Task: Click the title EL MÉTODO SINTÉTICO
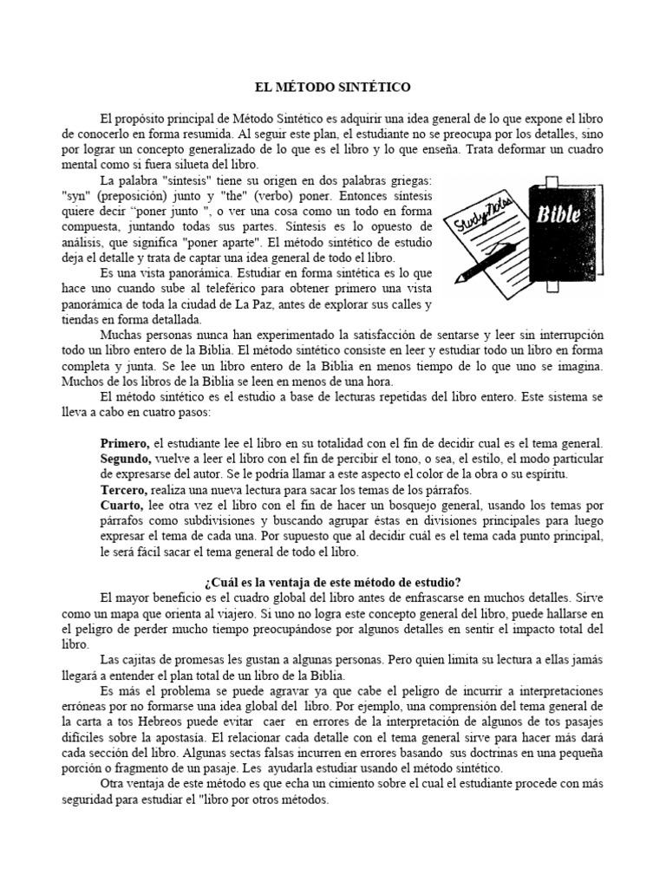[332, 88]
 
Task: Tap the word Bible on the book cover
[552, 215]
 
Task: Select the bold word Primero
[126, 443]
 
